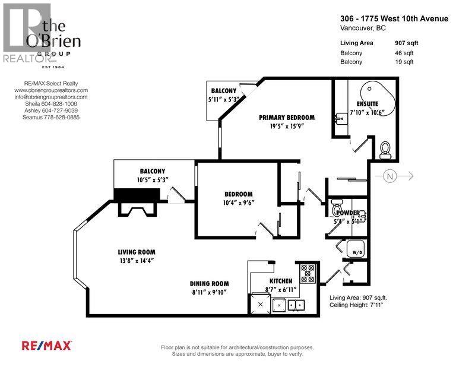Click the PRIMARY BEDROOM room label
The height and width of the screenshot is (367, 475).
tap(286, 118)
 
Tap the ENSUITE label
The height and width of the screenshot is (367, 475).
tap(376, 104)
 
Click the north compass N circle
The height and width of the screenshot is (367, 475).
tap(389, 176)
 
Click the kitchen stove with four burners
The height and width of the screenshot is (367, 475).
tap(309, 273)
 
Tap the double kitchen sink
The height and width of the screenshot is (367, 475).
tap(295, 305)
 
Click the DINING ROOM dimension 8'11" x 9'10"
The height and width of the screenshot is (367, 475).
tap(209, 292)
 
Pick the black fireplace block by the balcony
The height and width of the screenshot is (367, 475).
tap(135, 195)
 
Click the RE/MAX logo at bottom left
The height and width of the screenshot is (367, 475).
tap(47, 345)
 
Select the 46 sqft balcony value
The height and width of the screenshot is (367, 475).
tap(404, 53)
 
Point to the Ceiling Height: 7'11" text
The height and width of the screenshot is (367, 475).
tap(357, 305)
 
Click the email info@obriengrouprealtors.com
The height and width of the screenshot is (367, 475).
tap(51, 97)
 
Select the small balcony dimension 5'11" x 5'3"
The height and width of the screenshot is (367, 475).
tap(228, 99)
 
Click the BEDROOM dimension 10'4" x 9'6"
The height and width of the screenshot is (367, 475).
tap(238, 203)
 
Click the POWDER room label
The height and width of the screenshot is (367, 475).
tap(346, 213)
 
